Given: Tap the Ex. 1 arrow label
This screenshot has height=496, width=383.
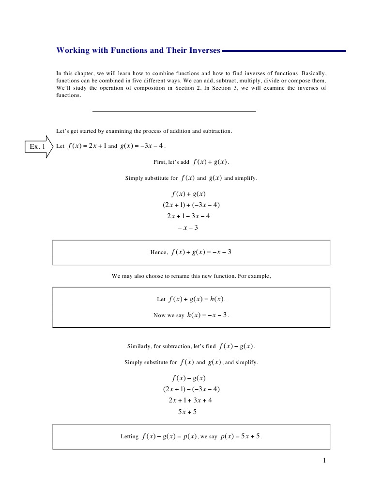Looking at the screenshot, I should point(38,146).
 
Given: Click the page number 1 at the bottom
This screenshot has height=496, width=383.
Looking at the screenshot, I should point(324,460).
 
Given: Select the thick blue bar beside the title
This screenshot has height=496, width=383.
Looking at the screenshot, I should point(284,50).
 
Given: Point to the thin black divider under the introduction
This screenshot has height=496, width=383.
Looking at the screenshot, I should point(174,112).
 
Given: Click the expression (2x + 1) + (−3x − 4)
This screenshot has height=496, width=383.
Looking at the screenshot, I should point(191,205).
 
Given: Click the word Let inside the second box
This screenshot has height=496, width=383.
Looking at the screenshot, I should point(161,299).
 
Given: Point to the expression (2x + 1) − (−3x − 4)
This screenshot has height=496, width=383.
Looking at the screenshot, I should point(191,389).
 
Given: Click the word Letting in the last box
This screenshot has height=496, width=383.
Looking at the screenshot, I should point(129,436).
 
